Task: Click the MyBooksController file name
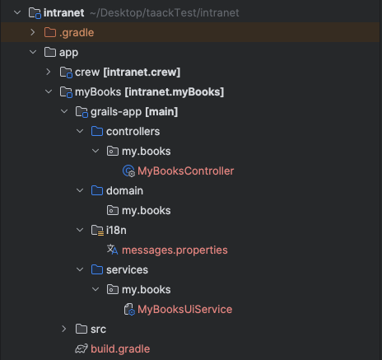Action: click(x=185, y=171)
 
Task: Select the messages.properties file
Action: click(x=175, y=250)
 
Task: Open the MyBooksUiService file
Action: click(x=184, y=309)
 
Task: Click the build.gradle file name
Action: click(x=120, y=348)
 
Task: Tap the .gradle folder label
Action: click(x=77, y=33)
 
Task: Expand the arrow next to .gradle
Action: click(x=33, y=32)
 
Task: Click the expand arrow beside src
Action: click(x=64, y=329)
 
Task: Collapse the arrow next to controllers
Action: click(x=80, y=131)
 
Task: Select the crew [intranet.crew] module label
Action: click(x=128, y=72)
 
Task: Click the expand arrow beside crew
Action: click(x=49, y=72)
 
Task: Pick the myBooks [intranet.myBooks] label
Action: click(x=149, y=92)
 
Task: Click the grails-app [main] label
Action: click(x=134, y=112)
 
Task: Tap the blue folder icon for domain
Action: click(x=97, y=190)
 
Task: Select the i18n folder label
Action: click(x=116, y=231)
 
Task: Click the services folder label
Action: click(x=127, y=270)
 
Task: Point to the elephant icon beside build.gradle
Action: click(x=82, y=348)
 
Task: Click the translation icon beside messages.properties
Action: click(x=113, y=250)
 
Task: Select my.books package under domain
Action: click(x=147, y=211)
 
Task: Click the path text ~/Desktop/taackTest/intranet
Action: click(x=165, y=13)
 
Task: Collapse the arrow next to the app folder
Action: click(x=33, y=52)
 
